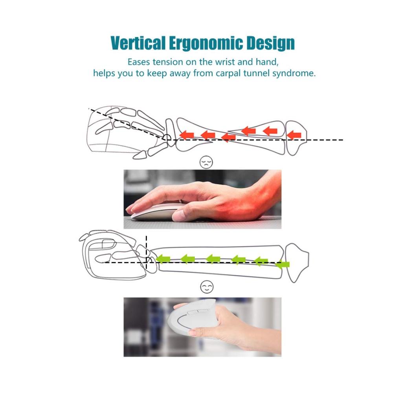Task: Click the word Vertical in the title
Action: tap(138, 43)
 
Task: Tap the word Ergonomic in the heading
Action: tap(206, 43)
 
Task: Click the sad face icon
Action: tap(206, 162)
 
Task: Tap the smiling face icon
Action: tap(207, 287)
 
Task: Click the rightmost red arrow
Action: tap(294, 135)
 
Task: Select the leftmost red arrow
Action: tap(187, 135)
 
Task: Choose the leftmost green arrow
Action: tap(163, 259)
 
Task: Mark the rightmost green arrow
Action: tap(282, 264)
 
